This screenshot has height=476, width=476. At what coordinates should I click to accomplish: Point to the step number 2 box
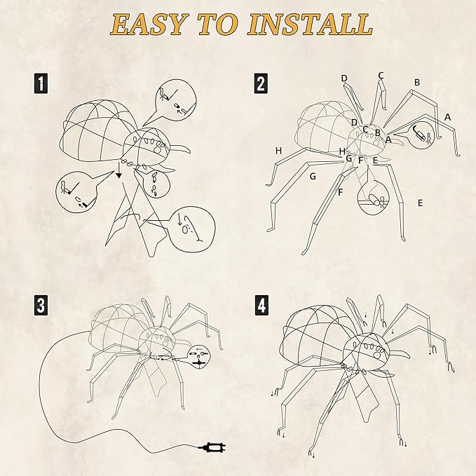[261, 85]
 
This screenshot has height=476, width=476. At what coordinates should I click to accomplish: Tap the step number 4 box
[261, 306]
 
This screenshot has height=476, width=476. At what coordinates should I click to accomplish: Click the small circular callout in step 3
[199, 355]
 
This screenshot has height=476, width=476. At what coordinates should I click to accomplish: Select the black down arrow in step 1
[119, 171]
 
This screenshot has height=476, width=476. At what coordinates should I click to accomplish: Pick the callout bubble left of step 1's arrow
[74, 191]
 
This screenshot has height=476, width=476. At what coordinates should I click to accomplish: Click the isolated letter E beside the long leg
[420, 203]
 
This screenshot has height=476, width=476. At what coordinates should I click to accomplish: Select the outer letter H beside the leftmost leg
[278, 151]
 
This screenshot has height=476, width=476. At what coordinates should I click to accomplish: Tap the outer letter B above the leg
[417, 82]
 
